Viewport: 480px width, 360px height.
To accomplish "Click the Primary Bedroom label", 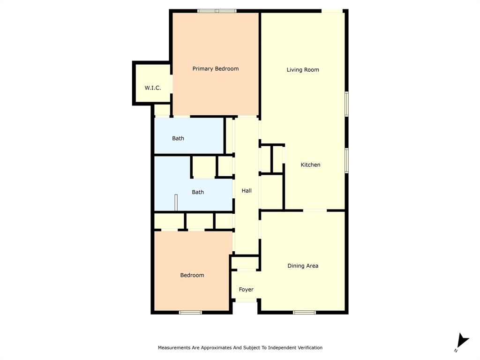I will click(216, 69).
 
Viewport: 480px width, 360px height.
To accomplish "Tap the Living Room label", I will click(303, 70).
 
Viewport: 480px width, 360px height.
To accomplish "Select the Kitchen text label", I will click(310, 165).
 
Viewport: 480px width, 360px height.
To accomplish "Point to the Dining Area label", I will click(303, 266).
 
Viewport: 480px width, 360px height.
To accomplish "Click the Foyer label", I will click(246, 290).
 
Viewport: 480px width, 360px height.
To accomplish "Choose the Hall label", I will click(247, 191).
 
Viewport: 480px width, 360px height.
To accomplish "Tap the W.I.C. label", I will click(153, 88).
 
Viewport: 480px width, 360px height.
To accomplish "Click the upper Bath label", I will click(178, 139).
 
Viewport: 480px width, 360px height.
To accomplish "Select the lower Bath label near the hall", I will click(198, 192).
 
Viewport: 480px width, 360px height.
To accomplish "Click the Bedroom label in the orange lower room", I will click(192, 275).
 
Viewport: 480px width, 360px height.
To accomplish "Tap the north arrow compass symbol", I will click(462, 341).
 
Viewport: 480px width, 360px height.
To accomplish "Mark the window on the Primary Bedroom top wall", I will click(217, 11).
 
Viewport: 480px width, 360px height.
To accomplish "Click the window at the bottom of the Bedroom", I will click(191, 312).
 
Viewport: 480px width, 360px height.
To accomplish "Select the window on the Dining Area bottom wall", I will click(304, 312).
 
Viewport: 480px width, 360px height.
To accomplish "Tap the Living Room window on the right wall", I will click(347, 104).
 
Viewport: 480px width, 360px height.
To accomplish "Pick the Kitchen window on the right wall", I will click(347, 160).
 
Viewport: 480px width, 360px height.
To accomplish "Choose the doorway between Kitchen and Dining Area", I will click(315, 210).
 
